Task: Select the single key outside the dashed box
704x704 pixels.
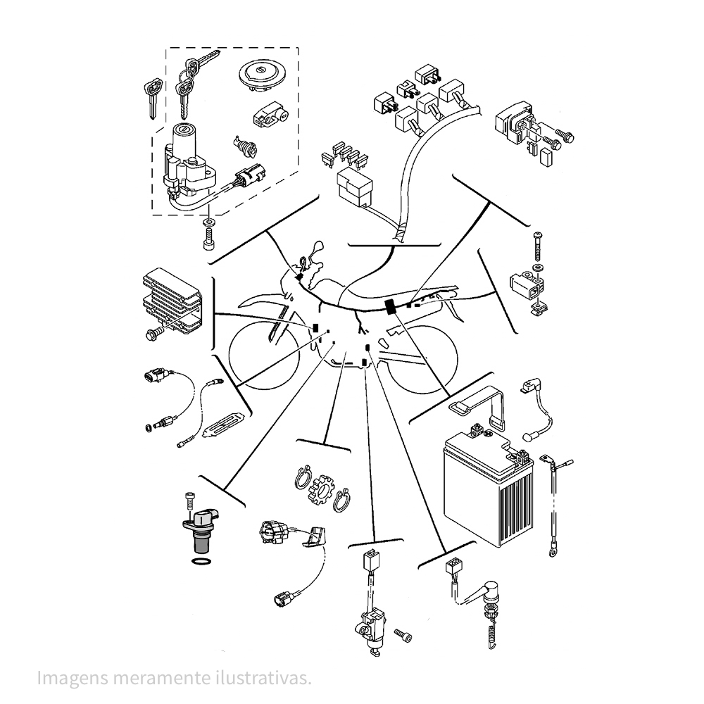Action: point(153,99)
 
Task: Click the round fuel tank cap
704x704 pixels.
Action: point(260,76)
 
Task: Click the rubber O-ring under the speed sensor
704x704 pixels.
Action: point(201,561)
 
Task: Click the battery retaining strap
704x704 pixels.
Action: point(479,406)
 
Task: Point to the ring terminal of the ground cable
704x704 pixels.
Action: point(553,550)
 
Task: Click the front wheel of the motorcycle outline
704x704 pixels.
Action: point(264,355)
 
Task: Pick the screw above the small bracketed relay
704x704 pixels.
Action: point(538,246)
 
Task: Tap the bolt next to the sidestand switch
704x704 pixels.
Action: point(403,635)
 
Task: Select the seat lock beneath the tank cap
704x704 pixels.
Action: point(270,117)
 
